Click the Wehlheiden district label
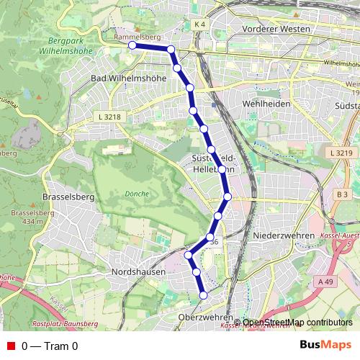pos(266,104)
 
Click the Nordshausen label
pos(138,272)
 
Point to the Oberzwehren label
pos(205,317)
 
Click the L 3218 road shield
pos(105,115)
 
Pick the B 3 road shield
pos(342,194)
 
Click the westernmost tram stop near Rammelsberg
pos(132,45)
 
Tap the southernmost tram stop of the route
pos(203,295)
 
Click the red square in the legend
pos(10,346)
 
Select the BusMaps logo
pos(320,346)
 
